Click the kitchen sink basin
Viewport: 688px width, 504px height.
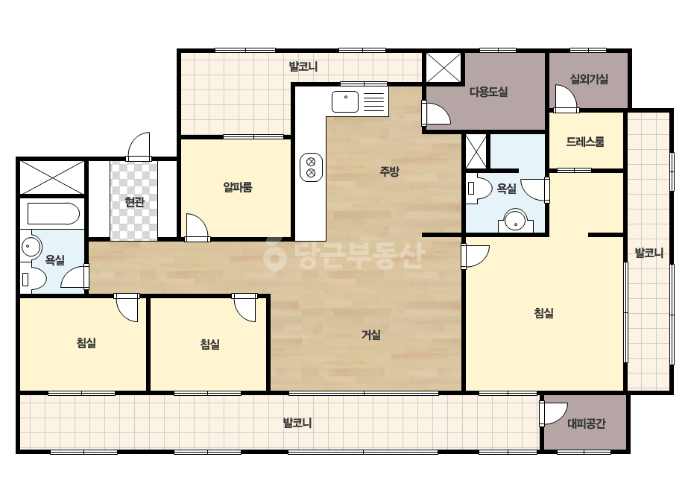(345, 101)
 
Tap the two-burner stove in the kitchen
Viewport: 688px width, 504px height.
(311, 167)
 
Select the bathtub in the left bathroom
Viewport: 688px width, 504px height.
(53, 214)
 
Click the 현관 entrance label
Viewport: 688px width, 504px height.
(134, 202)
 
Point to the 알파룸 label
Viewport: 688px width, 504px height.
(238, 187)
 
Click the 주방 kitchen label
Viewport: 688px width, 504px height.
(389, 171)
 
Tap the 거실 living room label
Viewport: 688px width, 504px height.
(370, 335)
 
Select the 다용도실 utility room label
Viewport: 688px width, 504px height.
(489, 92)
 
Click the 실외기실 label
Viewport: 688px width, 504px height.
(589, 79)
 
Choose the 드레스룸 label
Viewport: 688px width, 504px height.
(585, 142)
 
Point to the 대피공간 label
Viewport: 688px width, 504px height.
(586, 423)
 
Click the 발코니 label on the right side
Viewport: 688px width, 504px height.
(649, 253)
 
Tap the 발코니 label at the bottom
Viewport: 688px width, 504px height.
(297, 423)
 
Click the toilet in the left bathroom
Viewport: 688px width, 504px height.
(34, 280)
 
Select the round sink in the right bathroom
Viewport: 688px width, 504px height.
(516, 221)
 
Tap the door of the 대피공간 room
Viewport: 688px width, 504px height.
(554, 414)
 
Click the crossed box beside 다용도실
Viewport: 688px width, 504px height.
(444, 68)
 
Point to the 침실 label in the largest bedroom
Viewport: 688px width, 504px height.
(543, 313)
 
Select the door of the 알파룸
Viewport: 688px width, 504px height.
(197, 227)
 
